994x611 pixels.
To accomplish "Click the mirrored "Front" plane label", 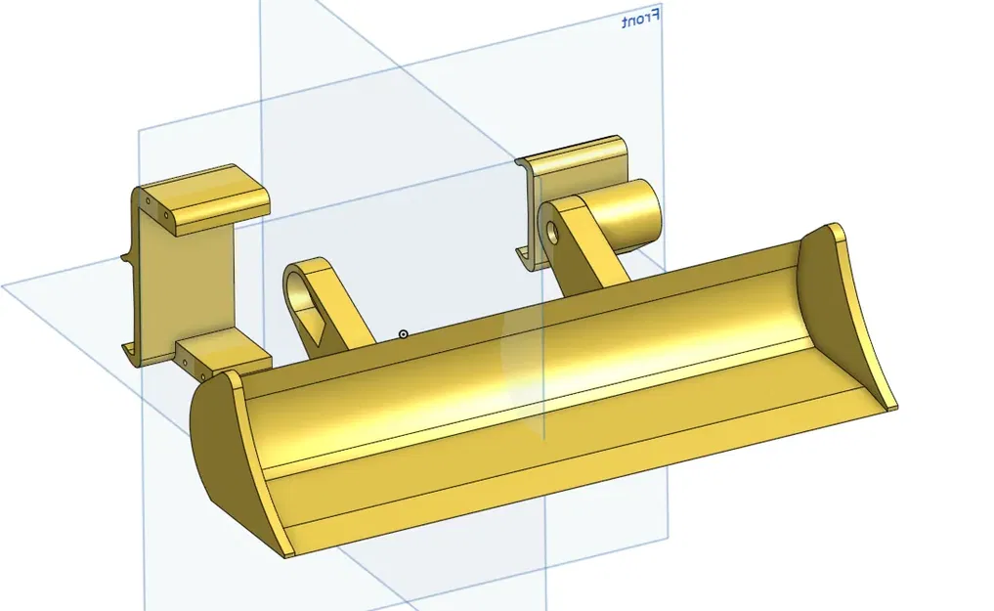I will [641, 19].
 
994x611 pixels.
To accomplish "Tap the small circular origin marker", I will [403, 334].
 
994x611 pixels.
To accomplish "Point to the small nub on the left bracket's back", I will [124, 258].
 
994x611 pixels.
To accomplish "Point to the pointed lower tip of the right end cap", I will [890, 402].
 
